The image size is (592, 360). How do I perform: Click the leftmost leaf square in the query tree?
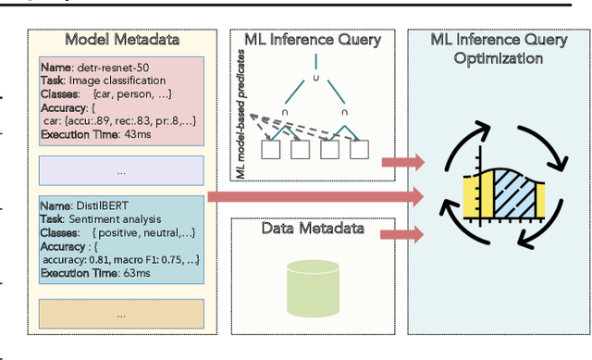coord(272,147)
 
